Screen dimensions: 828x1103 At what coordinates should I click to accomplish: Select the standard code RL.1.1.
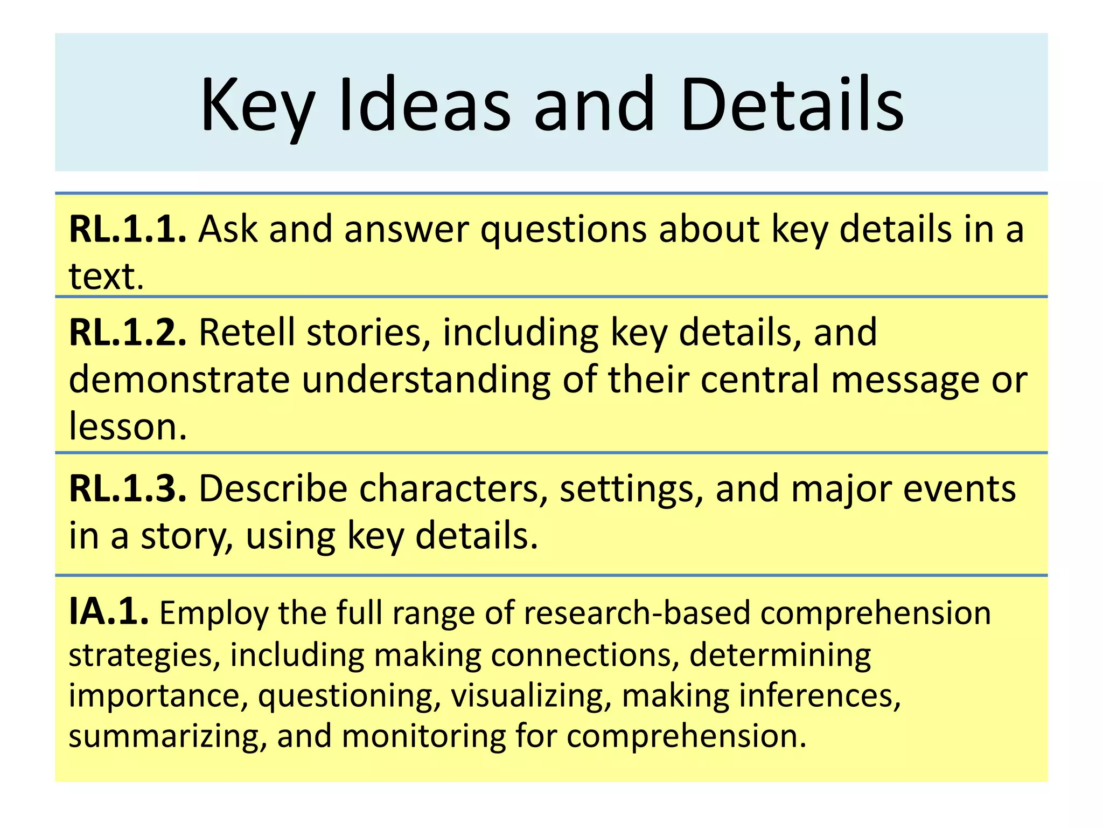(x=128, y=229)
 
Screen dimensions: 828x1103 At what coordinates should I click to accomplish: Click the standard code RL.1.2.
(x=128, y=332)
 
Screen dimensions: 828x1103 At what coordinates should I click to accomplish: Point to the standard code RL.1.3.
(x=128, y=489)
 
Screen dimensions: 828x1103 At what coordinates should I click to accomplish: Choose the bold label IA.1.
(x=109, y=612)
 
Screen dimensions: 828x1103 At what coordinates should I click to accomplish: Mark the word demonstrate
(x=179, y=379)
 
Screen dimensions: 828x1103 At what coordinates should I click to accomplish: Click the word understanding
(x=425, y=380)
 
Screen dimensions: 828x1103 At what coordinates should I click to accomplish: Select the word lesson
(x=128, y=426)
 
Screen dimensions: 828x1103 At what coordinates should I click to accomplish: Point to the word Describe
(x=273, y=489)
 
